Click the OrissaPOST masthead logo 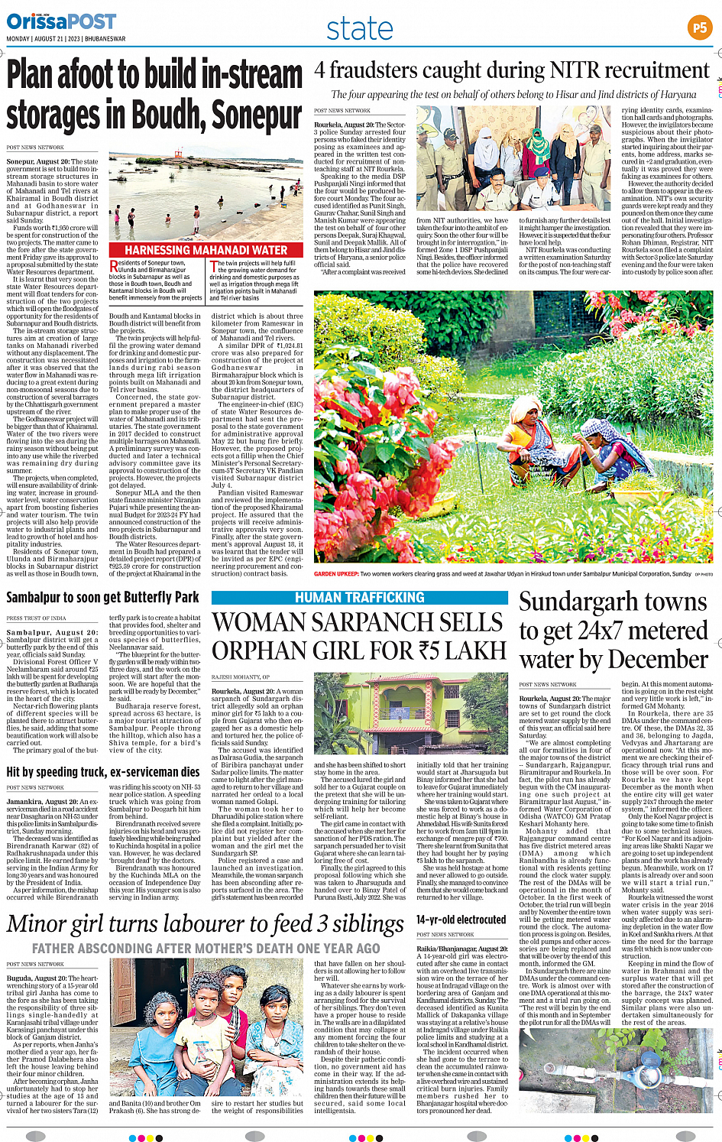pos(62,21)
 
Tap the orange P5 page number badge pos(699,28)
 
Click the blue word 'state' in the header pos(360,29)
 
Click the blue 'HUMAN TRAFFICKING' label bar pos(359,598)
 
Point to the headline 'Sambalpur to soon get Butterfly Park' pos(102,598)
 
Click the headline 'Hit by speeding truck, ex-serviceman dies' pos(103,772)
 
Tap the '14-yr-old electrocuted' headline pos(461,920)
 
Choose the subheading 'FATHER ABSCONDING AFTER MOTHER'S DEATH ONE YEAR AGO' pos(206,948)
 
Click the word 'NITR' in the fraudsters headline pos(562,71)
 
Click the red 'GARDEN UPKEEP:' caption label pos(335,573)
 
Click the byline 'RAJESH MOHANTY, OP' pos(240,677)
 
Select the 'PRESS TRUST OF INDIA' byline pos(36,618)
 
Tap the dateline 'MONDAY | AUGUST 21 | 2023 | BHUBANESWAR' pos(66,39)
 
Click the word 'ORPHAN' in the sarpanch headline pos(256,651)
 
